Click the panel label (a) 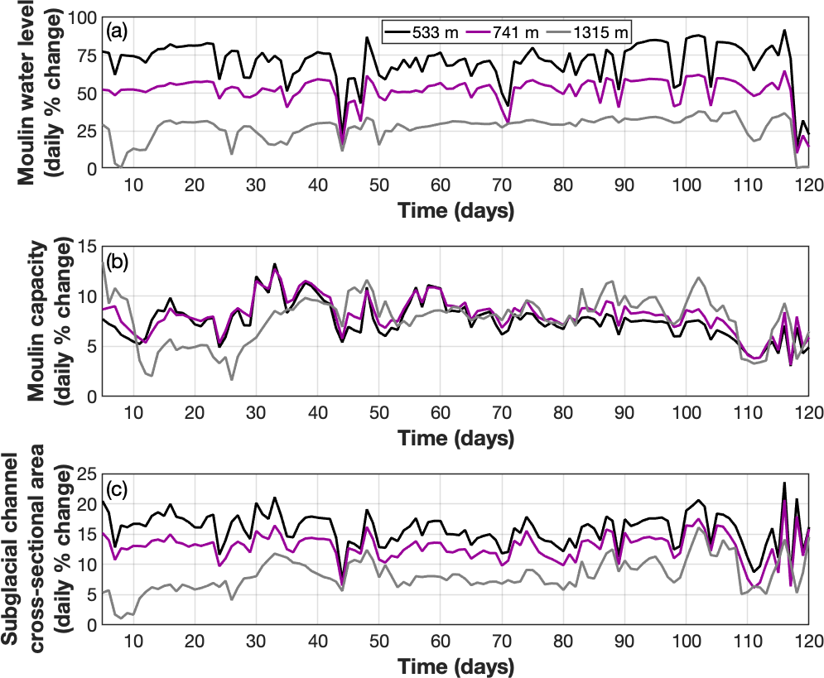(117, 31)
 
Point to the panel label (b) (117, 264)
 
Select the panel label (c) (117, 489)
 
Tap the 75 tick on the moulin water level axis (86, 55)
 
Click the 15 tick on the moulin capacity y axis (86, 245)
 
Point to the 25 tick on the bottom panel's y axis (86, 474)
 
